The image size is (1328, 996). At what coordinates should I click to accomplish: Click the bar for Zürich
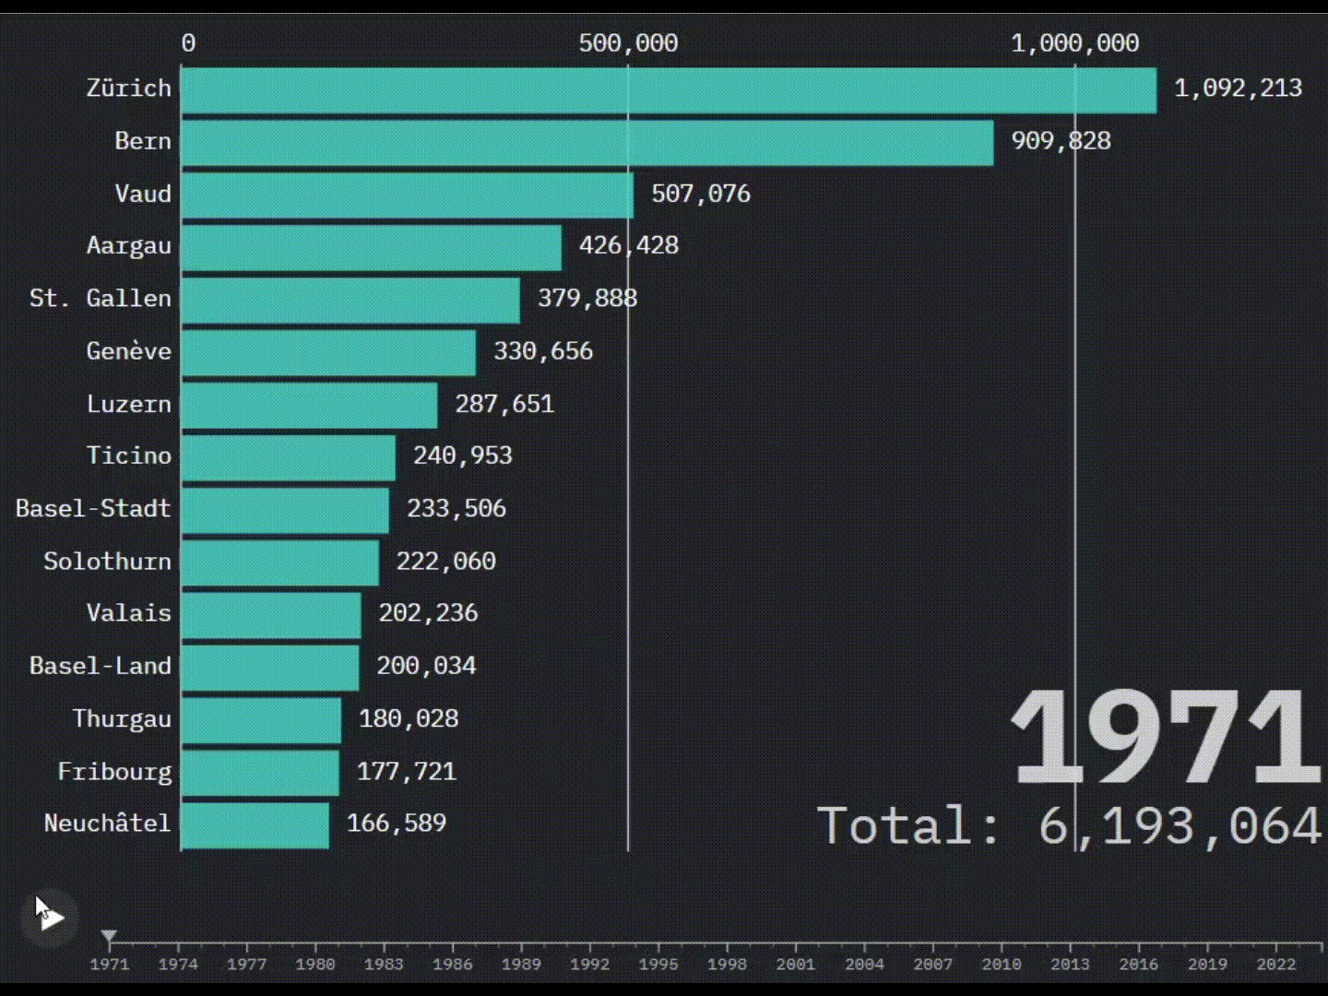669,90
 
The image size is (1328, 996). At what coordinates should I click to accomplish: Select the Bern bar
587,143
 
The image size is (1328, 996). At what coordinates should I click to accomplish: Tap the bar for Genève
328,352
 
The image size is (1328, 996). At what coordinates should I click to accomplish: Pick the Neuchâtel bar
255,824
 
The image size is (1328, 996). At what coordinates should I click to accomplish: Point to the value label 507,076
701,194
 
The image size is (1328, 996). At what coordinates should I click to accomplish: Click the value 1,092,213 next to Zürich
1238,89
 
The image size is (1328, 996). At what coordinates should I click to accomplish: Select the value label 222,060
446,562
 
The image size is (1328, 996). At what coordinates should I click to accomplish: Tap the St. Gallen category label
101,299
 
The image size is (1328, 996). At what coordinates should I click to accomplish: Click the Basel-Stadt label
93,509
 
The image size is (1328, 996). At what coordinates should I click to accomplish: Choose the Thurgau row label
122,719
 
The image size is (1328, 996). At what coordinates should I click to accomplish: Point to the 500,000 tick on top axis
628,43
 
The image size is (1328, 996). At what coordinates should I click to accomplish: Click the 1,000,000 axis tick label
1074,43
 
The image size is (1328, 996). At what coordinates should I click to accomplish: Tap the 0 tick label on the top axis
188,43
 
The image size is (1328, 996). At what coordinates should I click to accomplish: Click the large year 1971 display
1166,738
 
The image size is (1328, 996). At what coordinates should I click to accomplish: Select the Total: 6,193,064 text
1070,825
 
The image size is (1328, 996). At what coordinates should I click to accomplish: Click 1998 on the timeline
727,964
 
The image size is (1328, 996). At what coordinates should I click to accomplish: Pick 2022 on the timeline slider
1276,964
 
